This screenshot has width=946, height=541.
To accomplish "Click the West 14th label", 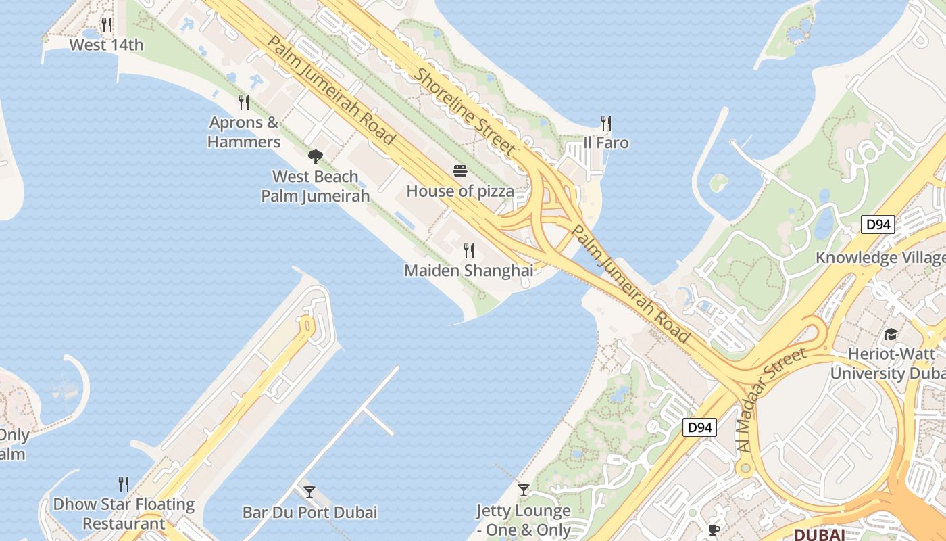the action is [x=107, y=45].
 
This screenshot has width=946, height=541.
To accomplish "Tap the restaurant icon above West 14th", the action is [x=106, y=25].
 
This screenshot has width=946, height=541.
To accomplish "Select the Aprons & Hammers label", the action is [x=244, y=132].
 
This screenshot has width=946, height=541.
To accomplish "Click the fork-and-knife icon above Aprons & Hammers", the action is [x=244, y=103].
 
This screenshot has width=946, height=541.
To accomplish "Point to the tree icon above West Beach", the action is [x=315, y=157].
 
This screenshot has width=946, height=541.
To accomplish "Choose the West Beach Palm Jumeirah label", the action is [x=316, y=186].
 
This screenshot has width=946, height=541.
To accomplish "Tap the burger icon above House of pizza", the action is [x=460, y=171].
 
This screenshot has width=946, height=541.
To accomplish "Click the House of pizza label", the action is [x=460, y=191].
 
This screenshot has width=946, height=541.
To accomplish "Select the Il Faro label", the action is [x=606, y=143].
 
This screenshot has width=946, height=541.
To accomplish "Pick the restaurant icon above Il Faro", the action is [x=606, y=123].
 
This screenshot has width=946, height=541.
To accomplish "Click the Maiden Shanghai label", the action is [x=468, y=270].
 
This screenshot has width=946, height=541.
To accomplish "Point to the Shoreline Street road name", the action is [x=467, y=112].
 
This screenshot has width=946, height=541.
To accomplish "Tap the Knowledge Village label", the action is [x=880, y=258].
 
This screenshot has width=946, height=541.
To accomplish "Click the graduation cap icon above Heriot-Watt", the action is [x=891, y=334].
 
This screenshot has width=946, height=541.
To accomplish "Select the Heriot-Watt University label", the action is [x=887, y=363].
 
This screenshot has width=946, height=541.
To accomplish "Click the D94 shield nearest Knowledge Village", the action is [x=878, y=225].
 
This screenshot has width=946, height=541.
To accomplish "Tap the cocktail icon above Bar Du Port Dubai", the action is [x=309, y=492].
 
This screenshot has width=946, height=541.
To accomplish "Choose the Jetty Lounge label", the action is [x=524, y=520].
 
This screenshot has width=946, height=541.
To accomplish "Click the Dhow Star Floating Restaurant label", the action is [x=124, y=513].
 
